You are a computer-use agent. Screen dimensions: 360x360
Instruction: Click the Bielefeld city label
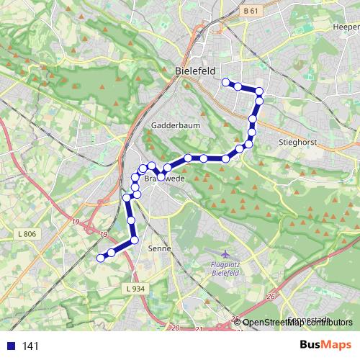point(196,72)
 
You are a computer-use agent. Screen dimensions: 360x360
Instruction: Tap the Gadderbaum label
point(171,125)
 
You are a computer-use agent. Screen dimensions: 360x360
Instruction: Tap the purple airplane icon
point(225,255)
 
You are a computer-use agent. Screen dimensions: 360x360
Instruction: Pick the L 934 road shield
point(135,289)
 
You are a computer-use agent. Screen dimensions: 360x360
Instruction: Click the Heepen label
point(346,27)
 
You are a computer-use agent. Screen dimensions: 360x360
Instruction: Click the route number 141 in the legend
point(30,346)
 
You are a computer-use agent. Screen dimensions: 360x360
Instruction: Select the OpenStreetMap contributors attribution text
point(297,323)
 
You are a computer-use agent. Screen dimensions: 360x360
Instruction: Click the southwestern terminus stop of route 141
point(101,257)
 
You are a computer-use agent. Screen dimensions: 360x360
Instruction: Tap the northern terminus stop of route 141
point(225,81)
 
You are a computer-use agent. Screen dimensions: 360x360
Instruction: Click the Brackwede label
point(160,177)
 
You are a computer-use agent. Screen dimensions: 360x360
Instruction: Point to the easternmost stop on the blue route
point(259,91)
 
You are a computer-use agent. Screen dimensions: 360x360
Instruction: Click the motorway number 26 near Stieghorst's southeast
point(271,296)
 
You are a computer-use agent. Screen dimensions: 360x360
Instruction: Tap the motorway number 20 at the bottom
point(176,328)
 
